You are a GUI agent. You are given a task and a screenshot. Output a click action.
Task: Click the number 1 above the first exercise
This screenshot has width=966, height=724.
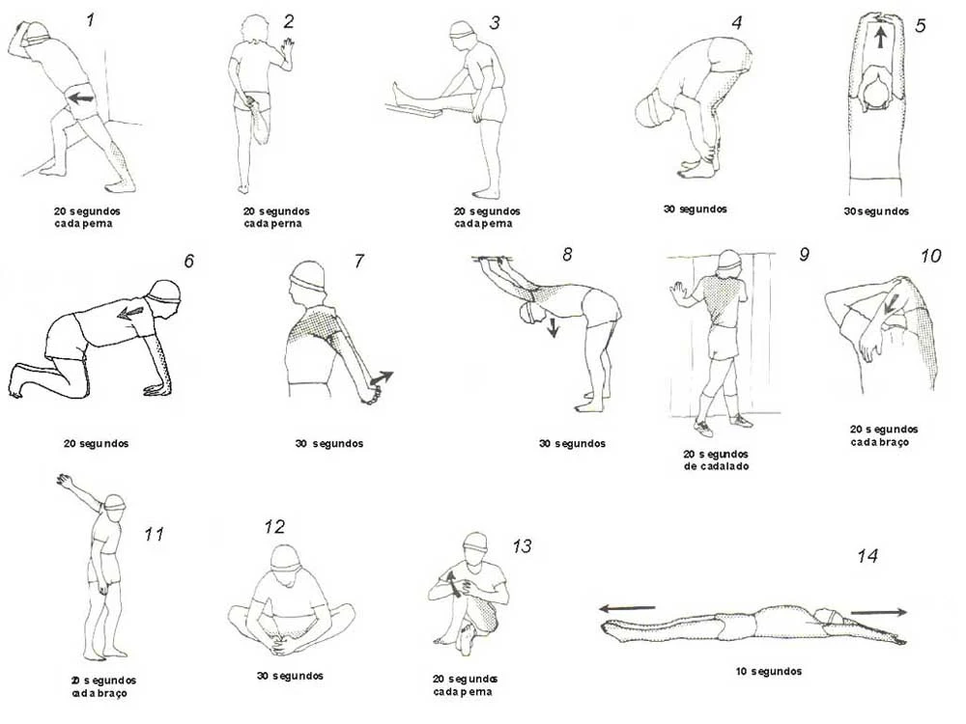(91, 19)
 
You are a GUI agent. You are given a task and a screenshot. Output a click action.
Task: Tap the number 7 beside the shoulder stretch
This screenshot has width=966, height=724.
(359, 261)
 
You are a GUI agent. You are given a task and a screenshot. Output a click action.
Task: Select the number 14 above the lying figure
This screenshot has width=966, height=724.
(867, 556)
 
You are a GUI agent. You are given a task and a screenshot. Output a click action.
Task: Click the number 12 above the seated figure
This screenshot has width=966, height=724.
(274, 527)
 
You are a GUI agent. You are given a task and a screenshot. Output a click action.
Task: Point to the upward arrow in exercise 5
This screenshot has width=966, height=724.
(880, 38)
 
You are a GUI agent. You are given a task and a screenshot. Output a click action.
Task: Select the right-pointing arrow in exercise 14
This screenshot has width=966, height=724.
(878, 611)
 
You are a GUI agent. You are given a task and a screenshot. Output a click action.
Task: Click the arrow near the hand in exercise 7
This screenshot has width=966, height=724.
(383, 377)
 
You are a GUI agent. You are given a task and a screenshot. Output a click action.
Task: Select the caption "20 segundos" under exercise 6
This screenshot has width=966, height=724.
(96, 444)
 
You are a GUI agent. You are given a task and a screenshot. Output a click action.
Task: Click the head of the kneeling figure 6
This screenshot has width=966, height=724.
(163, 293)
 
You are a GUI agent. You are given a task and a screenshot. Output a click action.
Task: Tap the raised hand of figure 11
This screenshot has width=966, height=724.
(65, 479)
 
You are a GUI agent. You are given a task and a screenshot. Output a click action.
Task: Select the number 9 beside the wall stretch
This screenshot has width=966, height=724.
(803, 255)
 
